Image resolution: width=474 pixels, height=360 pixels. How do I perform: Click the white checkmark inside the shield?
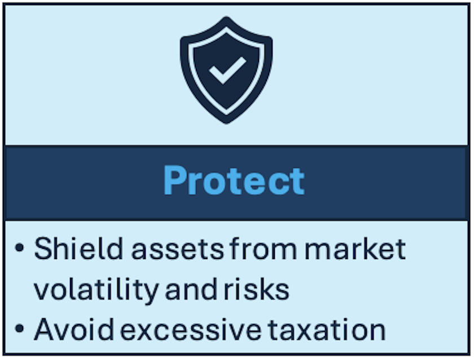point(227,70)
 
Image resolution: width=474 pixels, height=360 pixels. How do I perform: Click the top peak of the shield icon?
point(226,17)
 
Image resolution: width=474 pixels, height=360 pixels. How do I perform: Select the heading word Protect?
point(234,181)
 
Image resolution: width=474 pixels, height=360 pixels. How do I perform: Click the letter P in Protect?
point(174,181)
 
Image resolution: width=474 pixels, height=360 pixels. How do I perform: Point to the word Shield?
point(78,248)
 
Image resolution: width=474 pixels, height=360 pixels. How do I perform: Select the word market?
point(355,248)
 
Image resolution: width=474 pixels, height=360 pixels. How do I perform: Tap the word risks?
point(256,289)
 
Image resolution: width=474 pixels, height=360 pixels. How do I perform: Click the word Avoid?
point(74,330)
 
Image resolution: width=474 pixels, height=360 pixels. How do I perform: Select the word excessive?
point(191,331)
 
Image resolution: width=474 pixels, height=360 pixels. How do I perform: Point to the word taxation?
point(327,330)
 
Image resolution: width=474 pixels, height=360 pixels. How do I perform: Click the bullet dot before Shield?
point(19,248)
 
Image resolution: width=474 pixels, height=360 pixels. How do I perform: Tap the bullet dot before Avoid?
point(19,328)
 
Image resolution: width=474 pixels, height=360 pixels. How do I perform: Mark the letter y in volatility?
point(149,293)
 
